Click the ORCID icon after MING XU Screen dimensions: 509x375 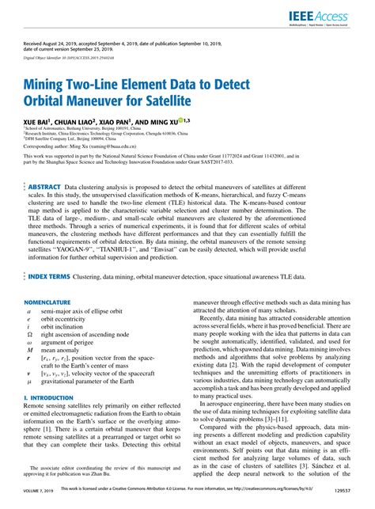[181, 120]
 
